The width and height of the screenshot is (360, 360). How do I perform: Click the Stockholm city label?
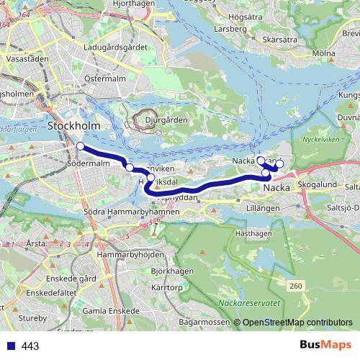(x=73, y=126)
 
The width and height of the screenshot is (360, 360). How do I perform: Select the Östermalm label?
(x=105, y=78)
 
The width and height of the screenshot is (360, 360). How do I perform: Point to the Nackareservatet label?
(x=249, y=303)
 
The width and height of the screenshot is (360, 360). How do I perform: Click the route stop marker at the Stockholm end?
(x=80, y=147)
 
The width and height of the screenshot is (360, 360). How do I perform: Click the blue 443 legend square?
(x=12, y=346)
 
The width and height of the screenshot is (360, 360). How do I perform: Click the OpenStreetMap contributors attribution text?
(x=297, y=323)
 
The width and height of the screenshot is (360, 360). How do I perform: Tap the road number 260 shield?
(x=296, y=287)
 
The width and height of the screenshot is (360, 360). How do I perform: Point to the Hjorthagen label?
(x=135, y=4)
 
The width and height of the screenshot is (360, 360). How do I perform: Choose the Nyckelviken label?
(x=320, y=139)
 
